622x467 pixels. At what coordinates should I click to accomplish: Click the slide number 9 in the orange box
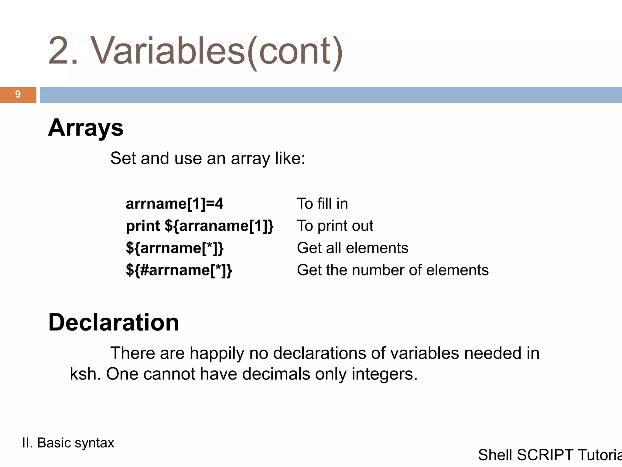18,94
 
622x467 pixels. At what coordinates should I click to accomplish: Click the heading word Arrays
86,128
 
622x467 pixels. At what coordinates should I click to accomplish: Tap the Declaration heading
114,322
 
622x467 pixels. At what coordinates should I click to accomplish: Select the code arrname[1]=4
174,204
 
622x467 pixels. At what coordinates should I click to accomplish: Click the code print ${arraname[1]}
200,226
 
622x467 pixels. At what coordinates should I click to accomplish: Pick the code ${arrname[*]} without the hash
175,248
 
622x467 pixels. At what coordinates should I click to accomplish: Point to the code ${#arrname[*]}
179,270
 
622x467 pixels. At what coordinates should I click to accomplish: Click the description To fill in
322,204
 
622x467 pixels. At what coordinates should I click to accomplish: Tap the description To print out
335,226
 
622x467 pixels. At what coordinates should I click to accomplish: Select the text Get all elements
353,248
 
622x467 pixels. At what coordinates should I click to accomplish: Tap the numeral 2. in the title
63,51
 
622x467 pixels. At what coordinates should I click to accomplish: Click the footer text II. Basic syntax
68,443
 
